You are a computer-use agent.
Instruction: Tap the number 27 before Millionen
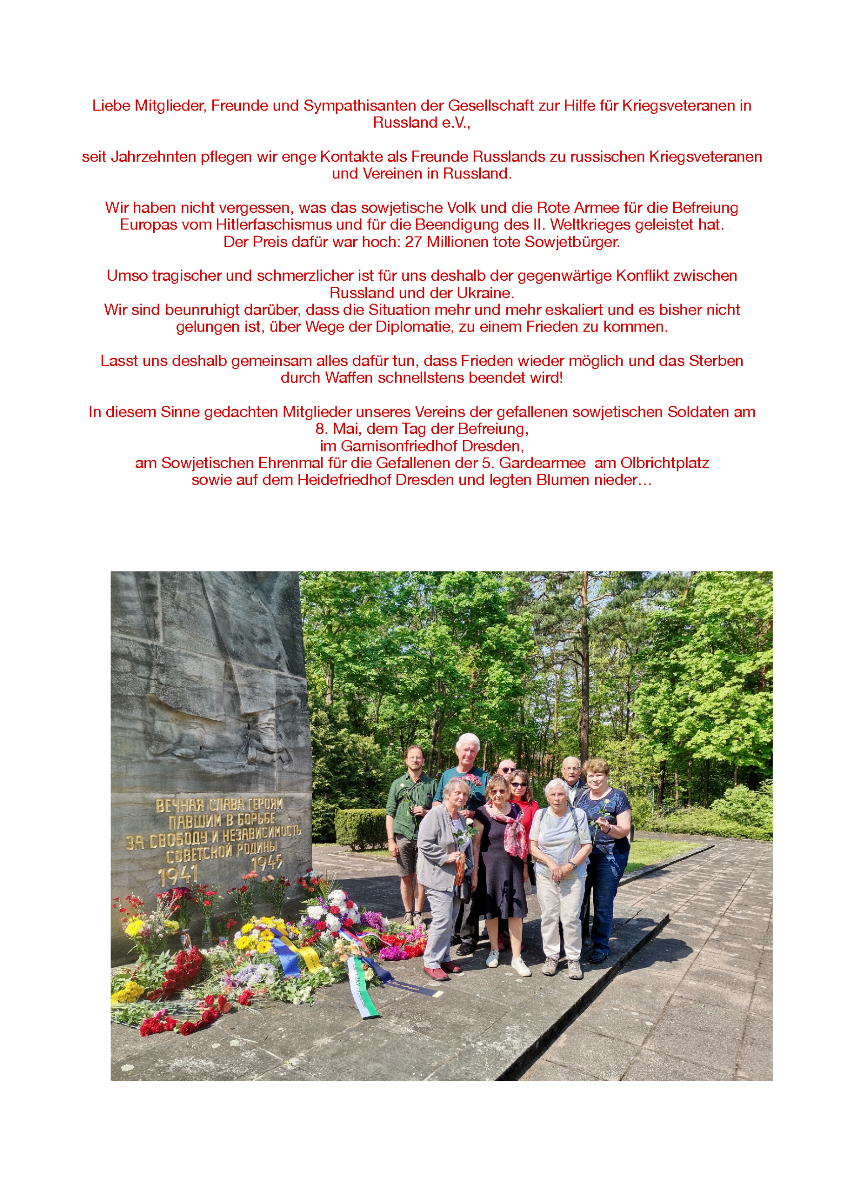coord(413,242)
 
